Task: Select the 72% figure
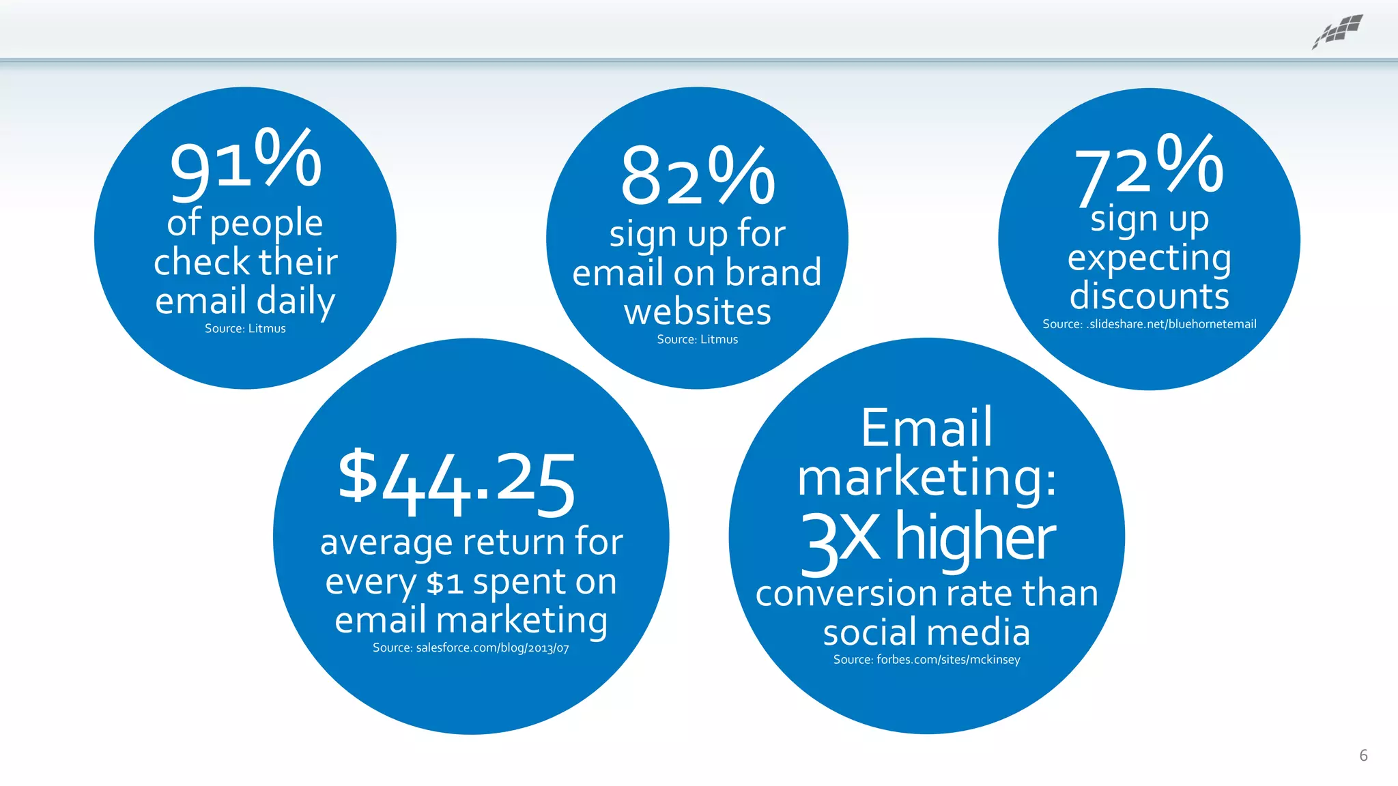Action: pyautogui.click(x=1149, y=168)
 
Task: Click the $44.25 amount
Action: pyautogui.click(x=457, y=482)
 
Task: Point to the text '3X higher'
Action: pyautogui.click(x=927, y=540)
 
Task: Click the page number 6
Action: pyautogui.click(x=1363, y=755)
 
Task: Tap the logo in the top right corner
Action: pyautogui.click(x=1338, y=31)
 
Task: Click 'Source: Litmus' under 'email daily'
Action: pyautogui.click(x=245, y=329)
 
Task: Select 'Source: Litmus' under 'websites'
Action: pyautogui.click(x=697, y=340)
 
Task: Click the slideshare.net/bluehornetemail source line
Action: pyautogui.click(x=1149, y=324)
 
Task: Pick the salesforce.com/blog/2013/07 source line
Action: pyautogui.click(x=470, y=648)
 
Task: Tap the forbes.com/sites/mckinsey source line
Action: pyautogui.click(x=926, y=660)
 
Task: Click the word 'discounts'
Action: pyautogui.click(x=1149, y=296)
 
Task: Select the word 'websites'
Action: pyautogui.click(x=697, y=312)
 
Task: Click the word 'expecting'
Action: pyautogui.click(x=1149, y=259)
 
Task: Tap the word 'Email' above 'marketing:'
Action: pyautogui.click(x=926, y=428)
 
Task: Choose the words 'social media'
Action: pyautogui.click(x=926, y=632)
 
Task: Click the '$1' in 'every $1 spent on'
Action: pyautogui.click(x=444, y=583)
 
